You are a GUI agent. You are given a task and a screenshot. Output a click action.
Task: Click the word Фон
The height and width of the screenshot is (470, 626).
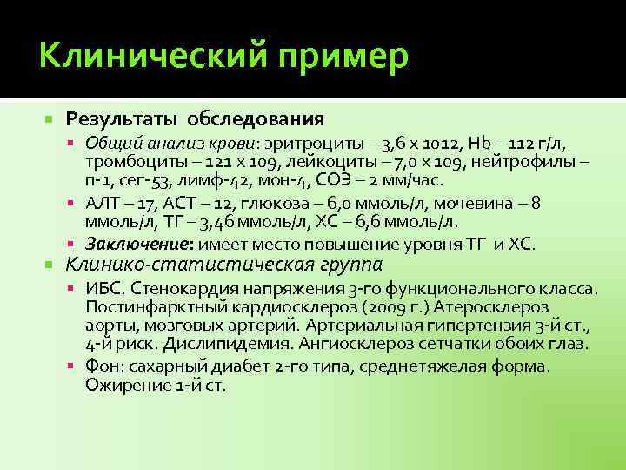click(x=103, y=366)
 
